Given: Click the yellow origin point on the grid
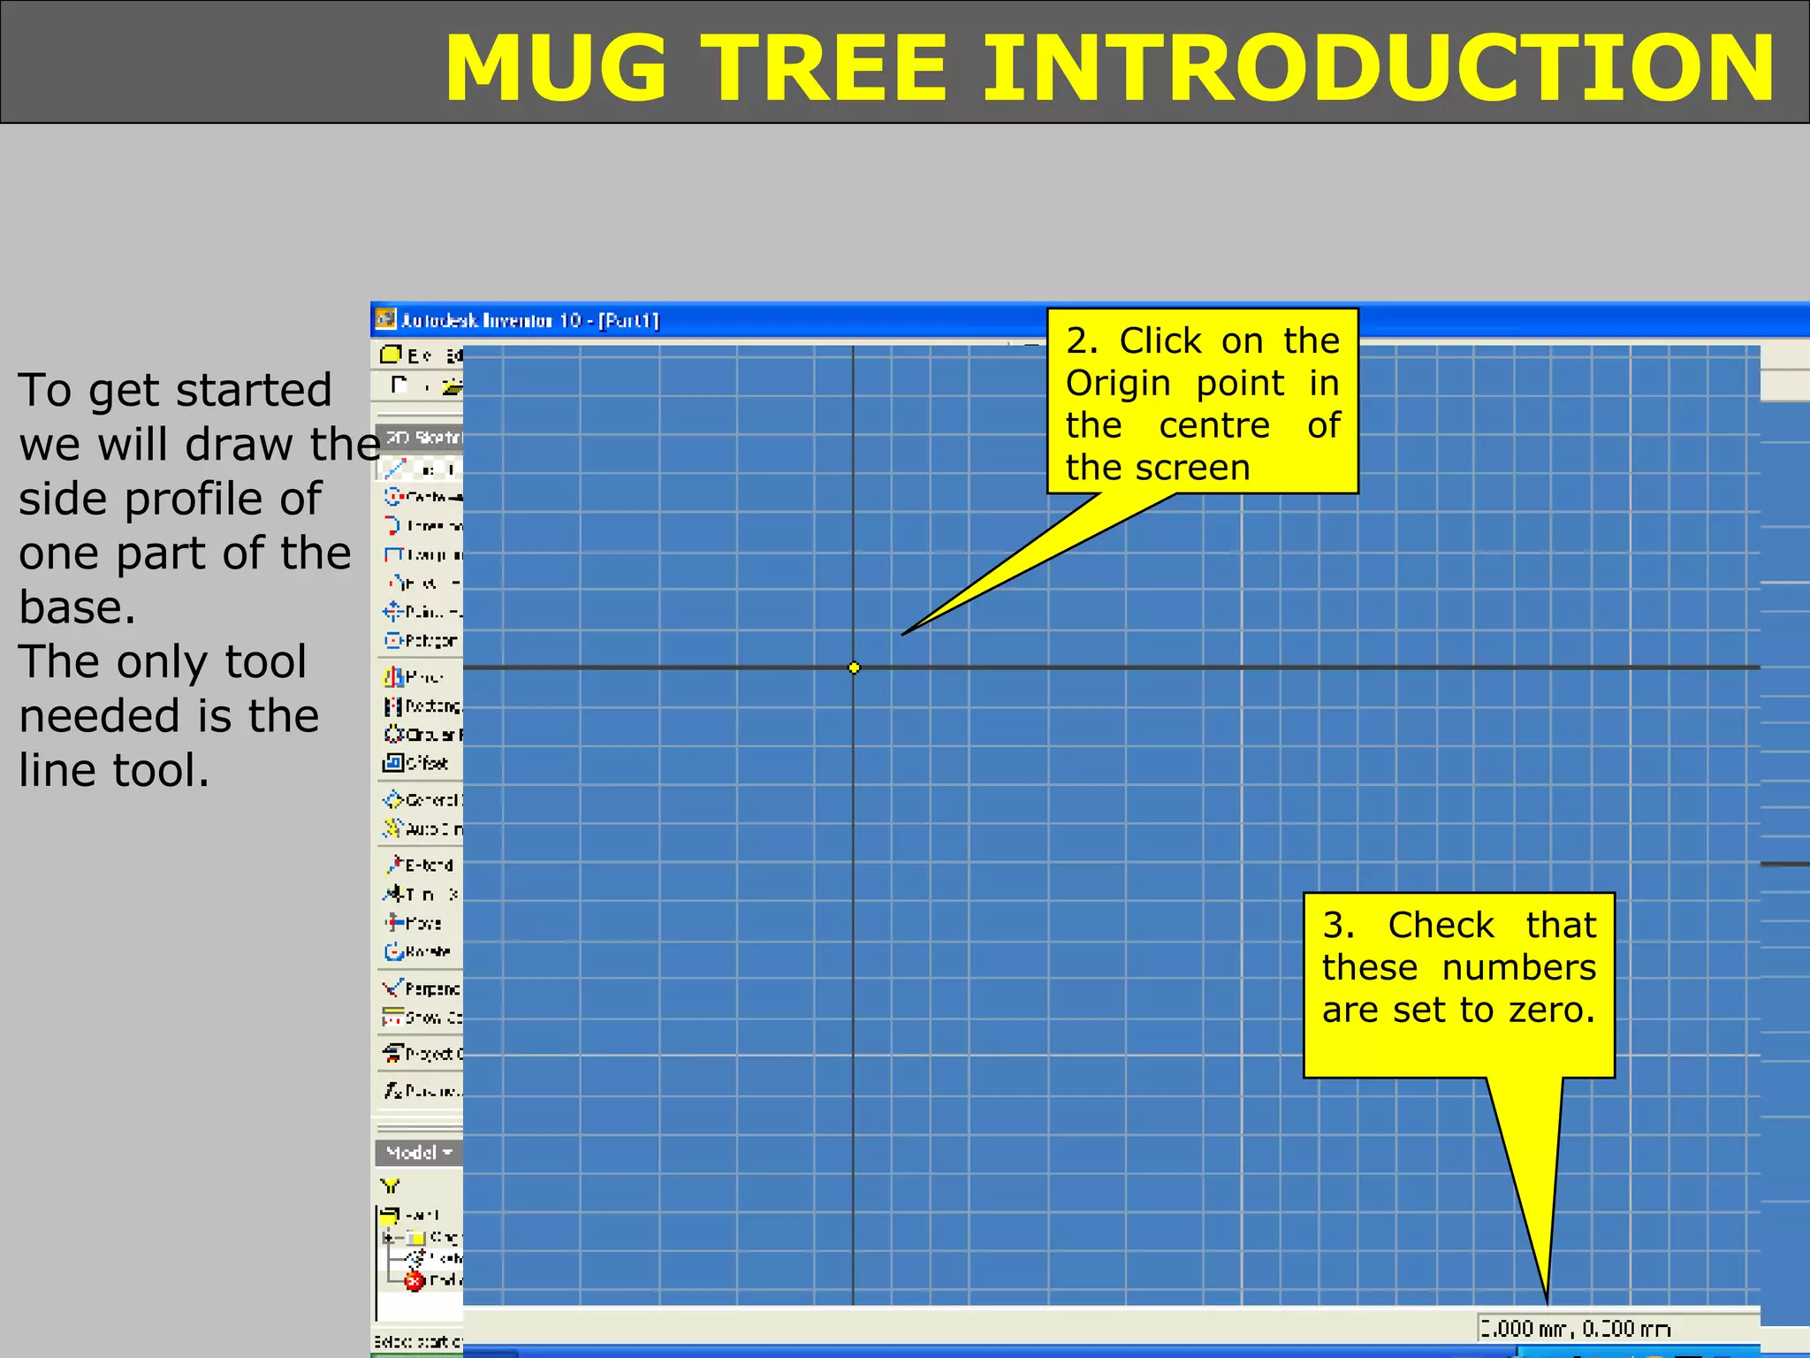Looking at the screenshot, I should point(854,668).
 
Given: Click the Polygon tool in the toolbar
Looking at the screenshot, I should point(421,640).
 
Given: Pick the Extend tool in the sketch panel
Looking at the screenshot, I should point(419,865).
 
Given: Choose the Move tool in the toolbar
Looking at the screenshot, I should point(414,923).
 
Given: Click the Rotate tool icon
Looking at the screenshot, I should point(394,951).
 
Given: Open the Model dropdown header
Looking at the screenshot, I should point(419,1152).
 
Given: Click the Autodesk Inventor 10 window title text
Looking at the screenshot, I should point(530,320).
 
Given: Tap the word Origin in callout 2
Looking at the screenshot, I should point(1118,384).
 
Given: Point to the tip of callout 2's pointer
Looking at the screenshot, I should point(903,634).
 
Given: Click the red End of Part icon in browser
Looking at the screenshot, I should point(414,1281).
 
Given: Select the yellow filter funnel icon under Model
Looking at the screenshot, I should point(390,1186).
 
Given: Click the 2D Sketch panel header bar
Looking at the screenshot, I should point(421,438).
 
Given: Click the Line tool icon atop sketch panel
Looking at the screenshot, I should point(395,469).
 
